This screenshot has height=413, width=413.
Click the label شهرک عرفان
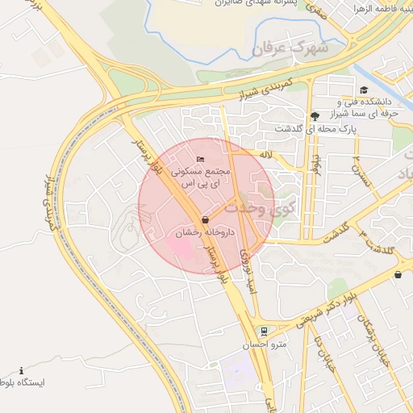[291, 49]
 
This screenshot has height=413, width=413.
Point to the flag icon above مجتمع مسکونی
[200, 158]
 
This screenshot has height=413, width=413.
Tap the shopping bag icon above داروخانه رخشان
[205, 219]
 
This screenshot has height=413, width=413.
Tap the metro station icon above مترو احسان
[263, 332]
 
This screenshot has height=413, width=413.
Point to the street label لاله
[265, 153]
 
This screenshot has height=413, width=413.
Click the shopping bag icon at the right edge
[398, 274]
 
